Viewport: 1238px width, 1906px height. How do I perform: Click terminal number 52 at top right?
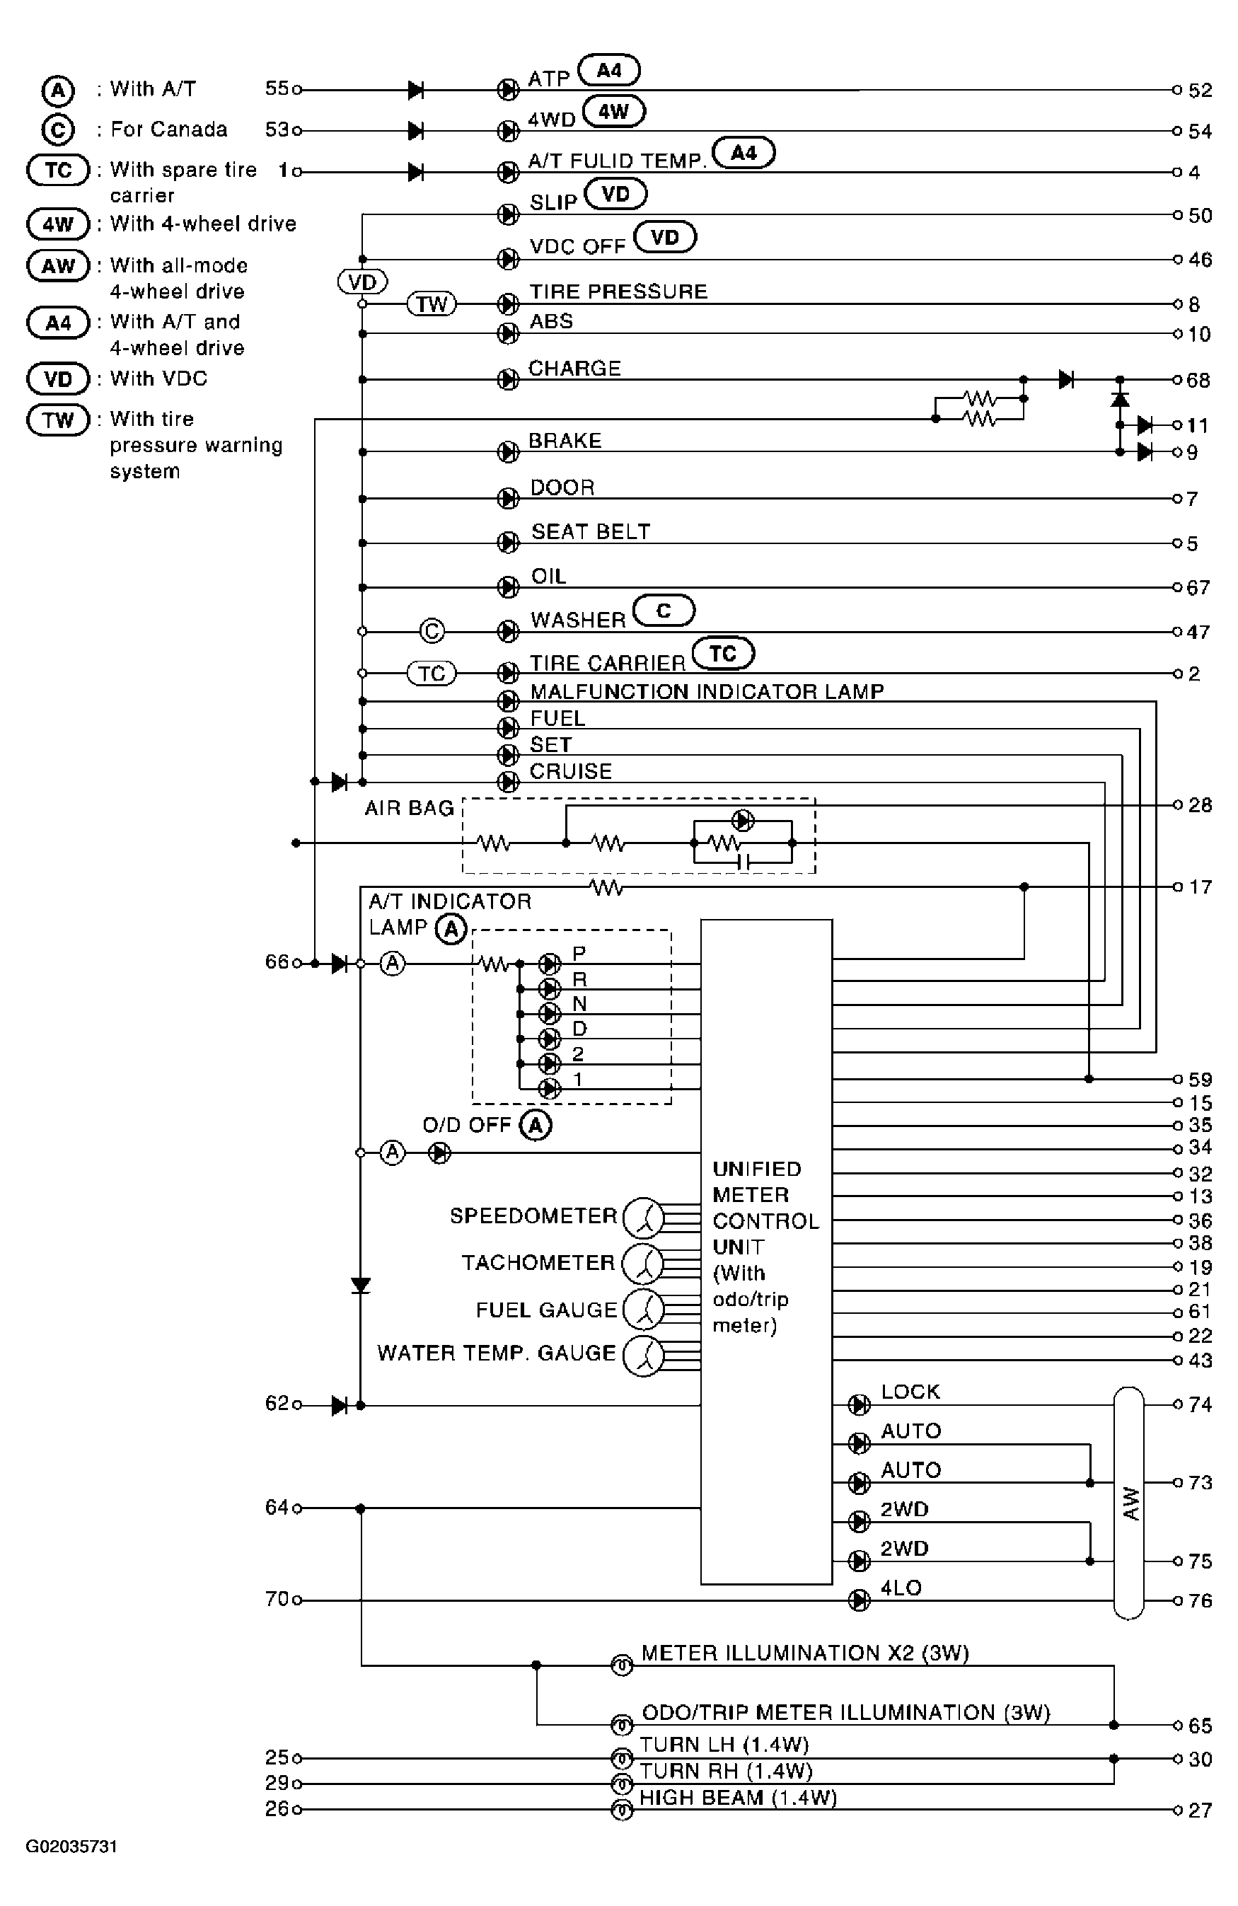click(x=1200, y=91)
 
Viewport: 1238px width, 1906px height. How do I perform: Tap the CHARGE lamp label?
click(x=574, y=369)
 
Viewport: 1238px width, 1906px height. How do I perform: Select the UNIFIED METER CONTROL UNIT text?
click(x=765, y=1208)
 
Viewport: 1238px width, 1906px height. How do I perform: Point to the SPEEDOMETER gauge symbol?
click(x=643, y=1218)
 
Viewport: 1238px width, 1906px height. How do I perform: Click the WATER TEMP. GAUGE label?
click(x=497, y=1353)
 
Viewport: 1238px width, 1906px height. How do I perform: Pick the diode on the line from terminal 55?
click(x=415, y=90)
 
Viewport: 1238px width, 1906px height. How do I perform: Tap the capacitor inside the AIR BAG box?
click(x=742, y=862)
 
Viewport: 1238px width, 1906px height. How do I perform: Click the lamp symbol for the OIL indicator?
click(x=508, y=587)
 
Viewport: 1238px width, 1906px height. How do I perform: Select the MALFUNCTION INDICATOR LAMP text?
click(x=707, y=691)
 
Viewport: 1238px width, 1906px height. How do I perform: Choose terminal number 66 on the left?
click(x=277, y=961)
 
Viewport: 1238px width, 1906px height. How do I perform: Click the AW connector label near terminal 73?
click(x=1130, y=1503)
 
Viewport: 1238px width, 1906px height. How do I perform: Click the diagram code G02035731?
click(x=71, y=1847)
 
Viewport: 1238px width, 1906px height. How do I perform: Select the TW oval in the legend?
click(x=58, y=420)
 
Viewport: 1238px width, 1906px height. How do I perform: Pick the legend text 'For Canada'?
click(x=168, y=129)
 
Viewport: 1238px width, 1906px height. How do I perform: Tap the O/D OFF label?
click(x=466, y=1124)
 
